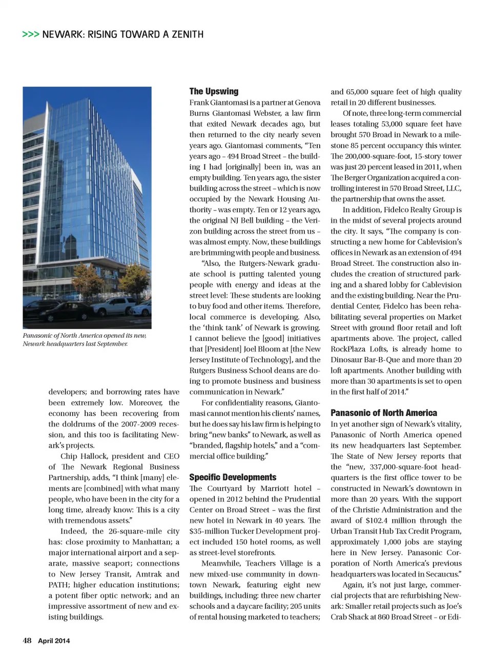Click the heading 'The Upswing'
[214, 92]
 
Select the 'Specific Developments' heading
[233, 477]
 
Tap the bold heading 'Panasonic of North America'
[383, 413]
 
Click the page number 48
[27, 641]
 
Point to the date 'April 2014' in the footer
[54, 641]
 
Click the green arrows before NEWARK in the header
[30, 35]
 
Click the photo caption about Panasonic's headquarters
[85, 339]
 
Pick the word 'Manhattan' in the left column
[152, 542]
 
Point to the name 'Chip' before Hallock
[69, 456]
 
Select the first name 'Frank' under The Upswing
[199, 102]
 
